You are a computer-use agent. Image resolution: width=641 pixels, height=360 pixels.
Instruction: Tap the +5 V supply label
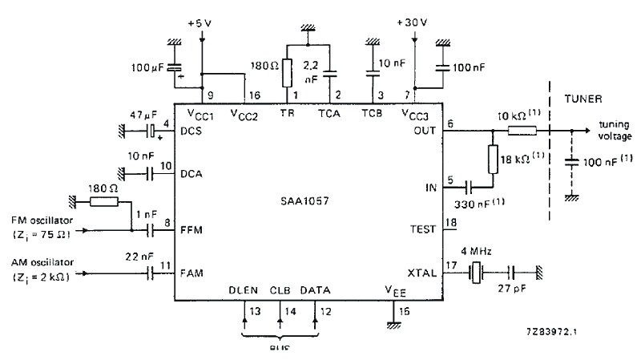[200, 23]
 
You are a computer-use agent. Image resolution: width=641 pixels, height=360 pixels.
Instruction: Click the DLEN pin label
[243, 289]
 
